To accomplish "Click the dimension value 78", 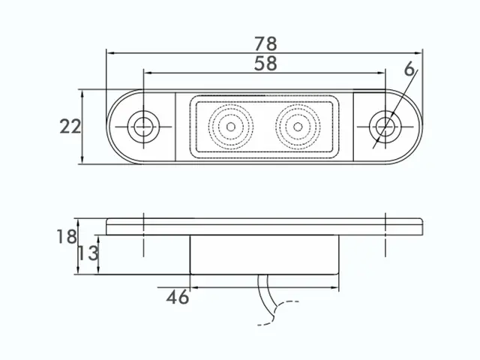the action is tap(265, 43).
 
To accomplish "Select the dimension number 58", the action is tap(265, 63).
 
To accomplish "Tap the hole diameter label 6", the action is tap(409, 68).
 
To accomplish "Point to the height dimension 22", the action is tap(70, 127).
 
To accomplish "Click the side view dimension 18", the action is tap(67, 237).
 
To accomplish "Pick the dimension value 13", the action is tap(88, 253).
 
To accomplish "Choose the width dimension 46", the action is tap(178, 297).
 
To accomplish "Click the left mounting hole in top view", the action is tap(143, 127).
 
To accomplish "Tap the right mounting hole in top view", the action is tap(385, 127).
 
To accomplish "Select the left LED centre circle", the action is tap(231, 127).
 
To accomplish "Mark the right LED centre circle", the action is tap(298, 127).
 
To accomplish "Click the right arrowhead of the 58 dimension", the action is tap(381, 73).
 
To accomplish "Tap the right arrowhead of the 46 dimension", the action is tap(335, 287).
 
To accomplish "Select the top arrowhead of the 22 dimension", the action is tap(82, 94).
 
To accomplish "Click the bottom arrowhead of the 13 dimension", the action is tap(98, 270).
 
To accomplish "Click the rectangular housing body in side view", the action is tap(265, 255).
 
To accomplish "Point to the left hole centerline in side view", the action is tap(143, 235).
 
